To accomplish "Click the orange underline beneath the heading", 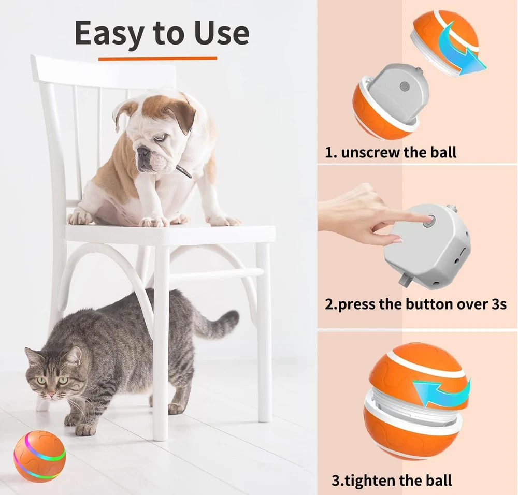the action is (x=157, y=59).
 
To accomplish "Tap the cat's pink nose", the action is (x=51, y=394).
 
